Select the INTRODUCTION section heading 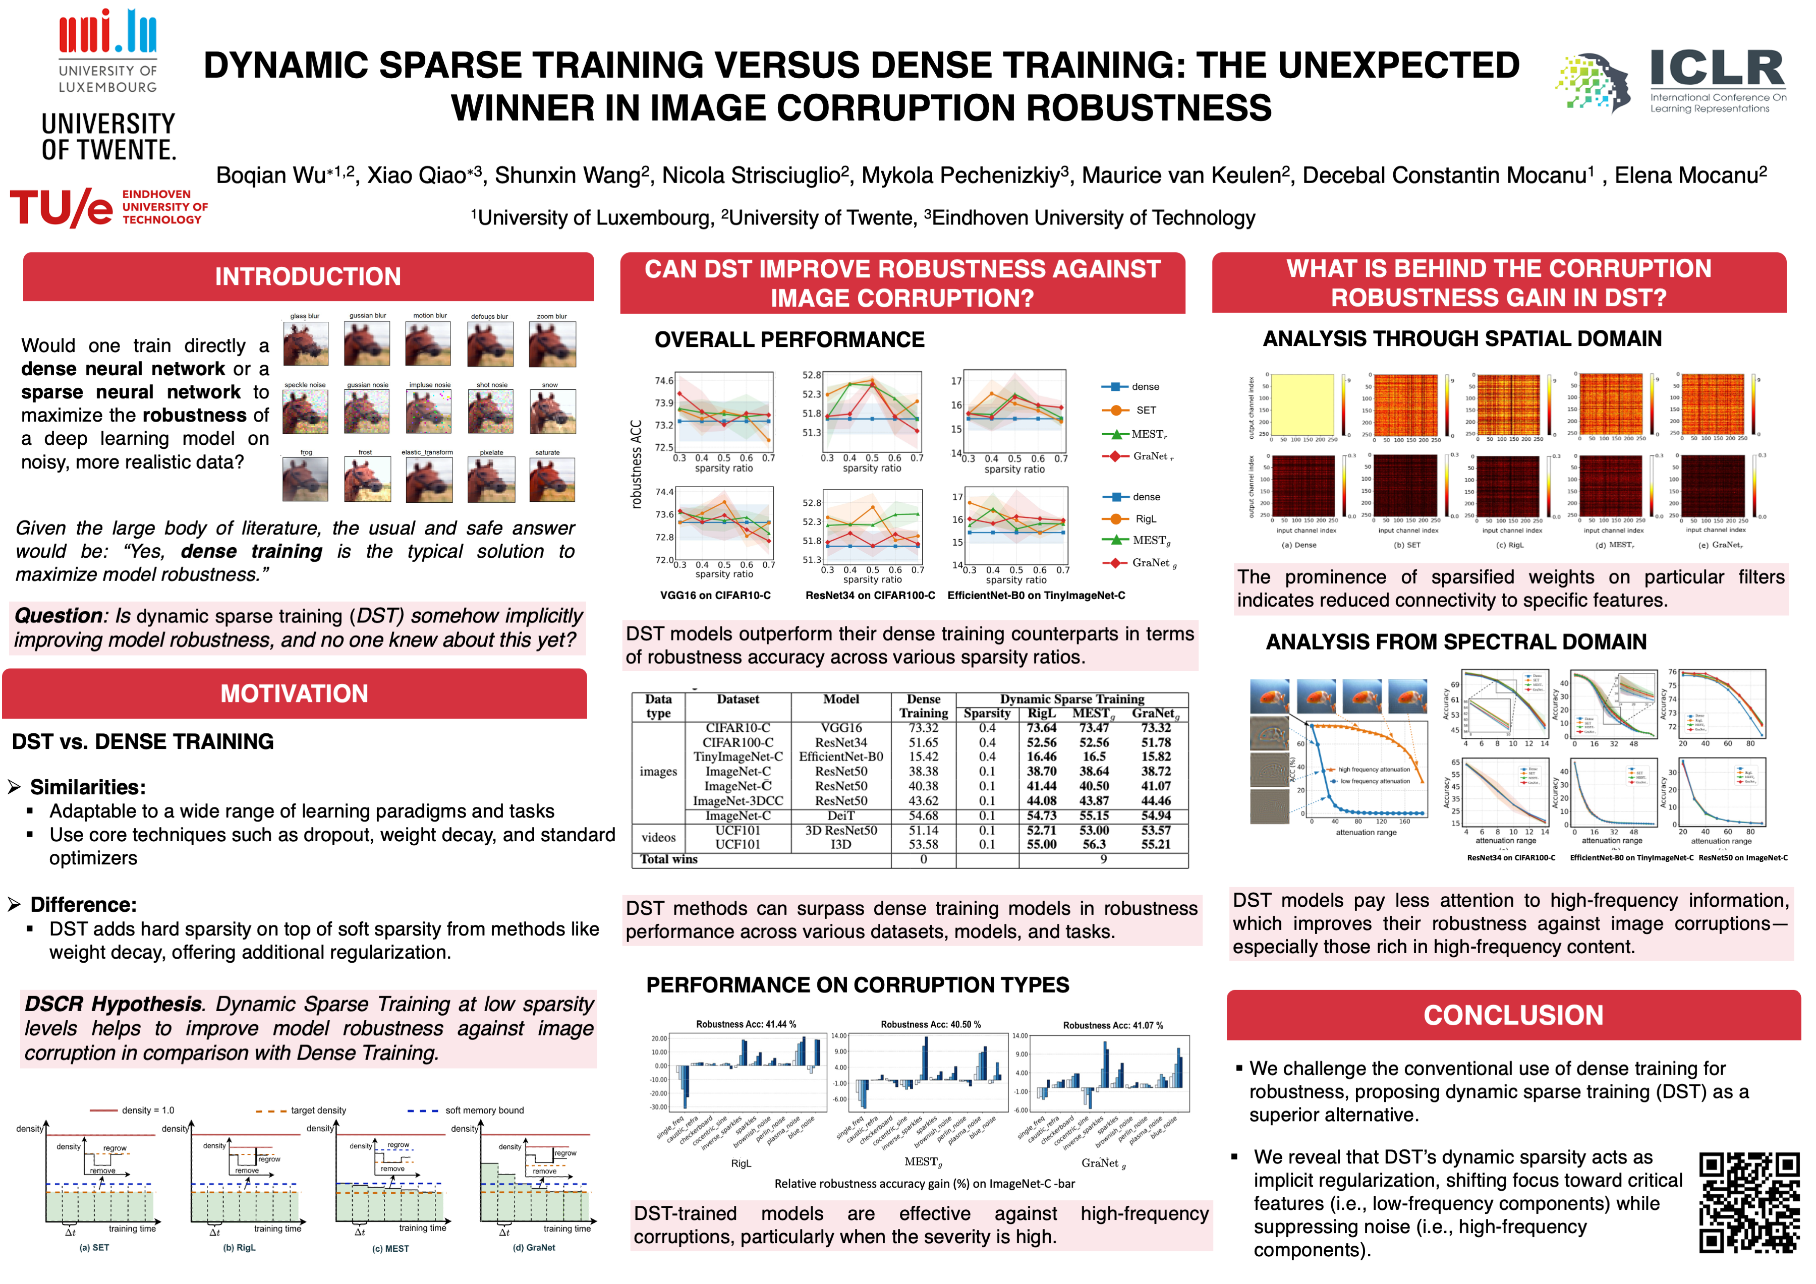point(308,277)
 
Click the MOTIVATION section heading point(294,693)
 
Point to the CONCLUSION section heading point(1513,1015)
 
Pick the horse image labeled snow point(551,412)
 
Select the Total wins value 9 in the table point(1103,859)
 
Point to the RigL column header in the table point(1041,713)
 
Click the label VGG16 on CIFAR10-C point(715,596)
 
